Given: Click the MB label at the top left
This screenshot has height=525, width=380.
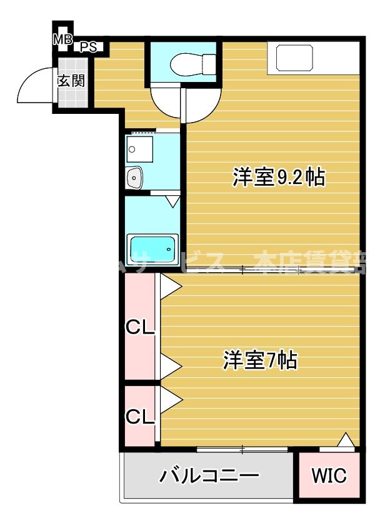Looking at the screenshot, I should click(62, 40).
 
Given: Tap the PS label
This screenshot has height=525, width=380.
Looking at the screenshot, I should click(87, 47).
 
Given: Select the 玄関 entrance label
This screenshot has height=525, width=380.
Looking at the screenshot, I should click(71, 81).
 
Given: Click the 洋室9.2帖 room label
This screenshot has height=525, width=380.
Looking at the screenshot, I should click(279, 177).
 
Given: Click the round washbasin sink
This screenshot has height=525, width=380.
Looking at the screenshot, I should click(135, 178).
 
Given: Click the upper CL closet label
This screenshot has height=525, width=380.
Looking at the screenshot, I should click(141, 327).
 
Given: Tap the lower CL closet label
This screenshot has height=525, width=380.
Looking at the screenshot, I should click(141, 416).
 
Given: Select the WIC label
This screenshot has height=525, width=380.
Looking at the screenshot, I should click(329, 476).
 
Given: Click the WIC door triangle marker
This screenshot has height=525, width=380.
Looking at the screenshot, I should click(345, 441).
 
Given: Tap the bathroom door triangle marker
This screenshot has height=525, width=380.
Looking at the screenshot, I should click(173, 201).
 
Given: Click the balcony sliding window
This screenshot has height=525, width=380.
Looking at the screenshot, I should click(242, 449).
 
